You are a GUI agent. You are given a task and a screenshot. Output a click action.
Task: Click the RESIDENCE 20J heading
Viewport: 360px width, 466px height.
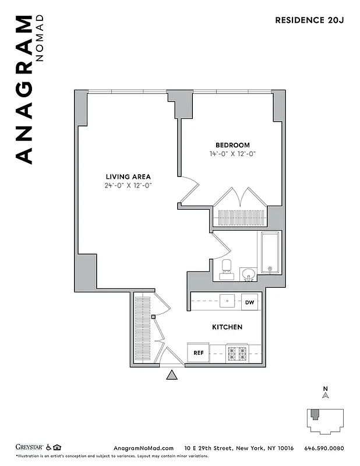click(x=309, y=20)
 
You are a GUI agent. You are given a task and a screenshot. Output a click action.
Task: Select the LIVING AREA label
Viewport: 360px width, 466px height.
click(x=128, y=177)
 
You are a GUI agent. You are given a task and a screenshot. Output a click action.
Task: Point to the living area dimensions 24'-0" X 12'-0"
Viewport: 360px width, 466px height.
click(x=128, y=186)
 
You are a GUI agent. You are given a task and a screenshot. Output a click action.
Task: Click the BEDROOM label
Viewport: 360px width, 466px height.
click(x=232, y=145)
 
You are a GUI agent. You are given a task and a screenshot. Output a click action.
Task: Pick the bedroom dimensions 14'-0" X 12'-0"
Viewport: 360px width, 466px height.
click(x=232, y=154)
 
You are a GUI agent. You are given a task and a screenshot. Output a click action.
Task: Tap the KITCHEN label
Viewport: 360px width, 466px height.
click(x=227, y=327)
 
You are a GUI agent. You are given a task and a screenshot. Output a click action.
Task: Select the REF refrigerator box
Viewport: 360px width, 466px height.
click(x=197, y=352)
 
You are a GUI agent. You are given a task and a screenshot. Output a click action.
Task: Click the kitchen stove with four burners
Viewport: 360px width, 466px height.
click(x=237, y=352)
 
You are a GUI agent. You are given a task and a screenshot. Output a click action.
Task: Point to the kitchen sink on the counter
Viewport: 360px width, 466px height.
click(x=227, y=302)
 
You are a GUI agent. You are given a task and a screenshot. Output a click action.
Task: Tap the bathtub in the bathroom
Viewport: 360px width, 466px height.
click(x=270, y=253)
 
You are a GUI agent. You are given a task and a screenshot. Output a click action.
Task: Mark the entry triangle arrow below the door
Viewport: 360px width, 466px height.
click(x=172, y=375)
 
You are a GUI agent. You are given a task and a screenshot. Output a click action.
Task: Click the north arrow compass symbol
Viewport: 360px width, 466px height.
click(x=326, y=394)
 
